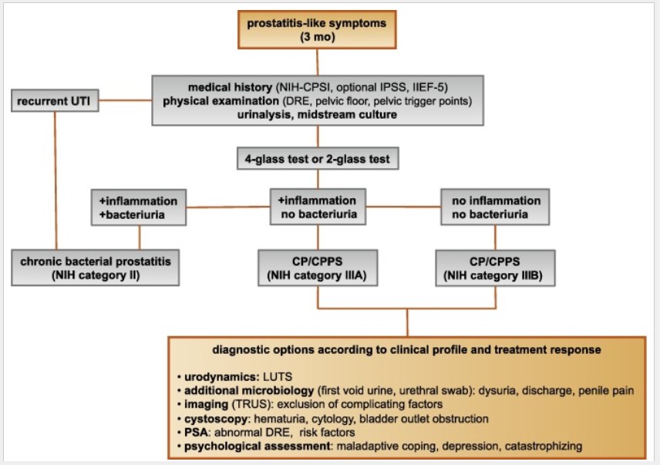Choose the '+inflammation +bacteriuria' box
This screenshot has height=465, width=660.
[x=139, y=207]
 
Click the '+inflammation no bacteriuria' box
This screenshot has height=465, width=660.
[x=317, y=207]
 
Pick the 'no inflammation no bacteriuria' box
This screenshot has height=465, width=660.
[x=495, y=207]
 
